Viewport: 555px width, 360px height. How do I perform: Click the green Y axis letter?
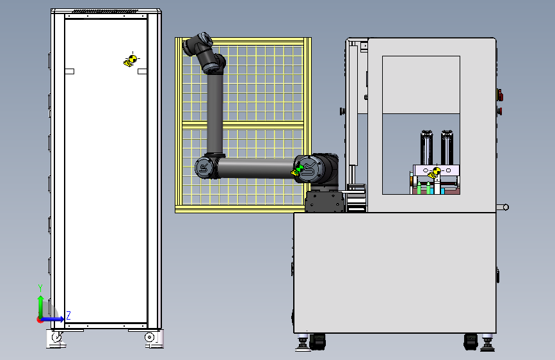[x=40, y=288]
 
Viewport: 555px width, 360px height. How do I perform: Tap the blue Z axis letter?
[x=68, y=315]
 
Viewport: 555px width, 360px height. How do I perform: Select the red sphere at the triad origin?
[x=39, y=320]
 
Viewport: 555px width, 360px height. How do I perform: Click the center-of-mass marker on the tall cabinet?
[x=132, y=60]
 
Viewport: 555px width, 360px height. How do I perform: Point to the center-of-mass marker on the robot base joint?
[x=298, y=170]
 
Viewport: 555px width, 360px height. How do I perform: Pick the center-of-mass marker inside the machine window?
[x=435, y=172]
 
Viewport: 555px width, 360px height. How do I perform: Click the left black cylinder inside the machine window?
[x=426, y=147]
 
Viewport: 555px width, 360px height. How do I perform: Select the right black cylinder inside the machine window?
[x=447, y=147]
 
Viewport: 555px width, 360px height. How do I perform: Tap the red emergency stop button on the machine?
[x=500, y=95]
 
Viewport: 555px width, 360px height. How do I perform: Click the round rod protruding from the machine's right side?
[x=503, y=208]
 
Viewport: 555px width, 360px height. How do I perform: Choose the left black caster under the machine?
[x=317, y=341]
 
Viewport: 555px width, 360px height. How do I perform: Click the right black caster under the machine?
[x=471, y=342]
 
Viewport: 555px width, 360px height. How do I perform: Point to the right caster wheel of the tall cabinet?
[x=150, y=337]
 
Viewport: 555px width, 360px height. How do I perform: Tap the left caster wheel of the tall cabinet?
[x=56, y=337]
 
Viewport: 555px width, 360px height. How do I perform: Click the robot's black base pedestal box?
[x=325, y=202]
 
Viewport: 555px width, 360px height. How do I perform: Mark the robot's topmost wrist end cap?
[x=205, y=38]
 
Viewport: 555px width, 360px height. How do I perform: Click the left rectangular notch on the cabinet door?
[x=69, y=71]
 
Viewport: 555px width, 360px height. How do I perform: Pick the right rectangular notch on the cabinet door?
[x=142, y=71]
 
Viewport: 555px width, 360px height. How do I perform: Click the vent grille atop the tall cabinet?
[x=106, y=12]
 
